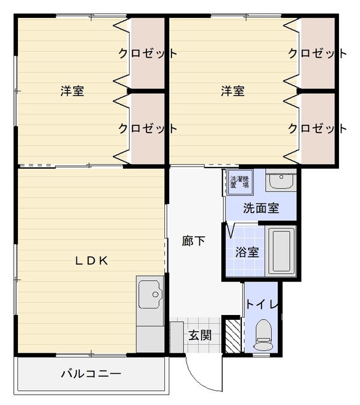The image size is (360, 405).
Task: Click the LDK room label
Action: tap(92, 261)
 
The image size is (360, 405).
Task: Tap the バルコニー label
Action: tap(91, 374)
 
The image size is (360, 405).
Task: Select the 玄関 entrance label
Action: tap(200, 335)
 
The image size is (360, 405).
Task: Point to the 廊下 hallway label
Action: tap(193, 241)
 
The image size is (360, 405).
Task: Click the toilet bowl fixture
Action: tap(263, 335)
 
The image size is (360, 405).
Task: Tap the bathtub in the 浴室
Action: tap(281, 250)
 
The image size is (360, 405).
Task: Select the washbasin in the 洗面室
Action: tap(281, 180)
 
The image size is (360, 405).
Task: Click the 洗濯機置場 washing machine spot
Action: tap(239, 182)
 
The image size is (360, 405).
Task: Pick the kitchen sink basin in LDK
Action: tap(150, 294)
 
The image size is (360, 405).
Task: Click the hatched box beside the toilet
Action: tap(233, 336)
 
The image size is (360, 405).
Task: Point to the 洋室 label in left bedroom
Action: tap(72, 91)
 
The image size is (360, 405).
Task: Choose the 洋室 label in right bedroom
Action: tap(232, 91)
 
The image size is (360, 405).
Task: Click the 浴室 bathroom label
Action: tap(247, 252)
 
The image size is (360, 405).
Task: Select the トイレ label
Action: tap(262, 304)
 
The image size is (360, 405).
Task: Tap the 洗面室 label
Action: tap(261, 208)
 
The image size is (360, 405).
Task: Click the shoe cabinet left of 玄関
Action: tap(176, 337)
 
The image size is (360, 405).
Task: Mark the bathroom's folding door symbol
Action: tap(230, 230)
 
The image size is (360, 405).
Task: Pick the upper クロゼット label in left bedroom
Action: tap(148, 53)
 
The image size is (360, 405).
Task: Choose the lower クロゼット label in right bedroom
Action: tap(317, 128)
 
